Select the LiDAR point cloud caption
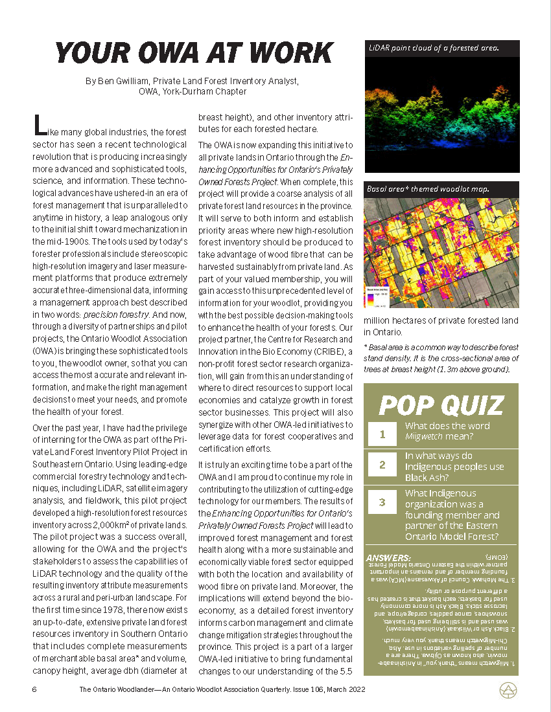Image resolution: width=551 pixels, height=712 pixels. (433, 49)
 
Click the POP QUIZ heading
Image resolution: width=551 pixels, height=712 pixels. (441, 405)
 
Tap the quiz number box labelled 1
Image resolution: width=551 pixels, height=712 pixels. (382, 433)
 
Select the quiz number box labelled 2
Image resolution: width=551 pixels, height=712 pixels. (382, 464)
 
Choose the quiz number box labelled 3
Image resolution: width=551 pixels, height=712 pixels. (382, 502)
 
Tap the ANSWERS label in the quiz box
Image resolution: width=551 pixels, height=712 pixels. (389, 557)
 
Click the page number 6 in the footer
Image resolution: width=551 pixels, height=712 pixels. (34, 690)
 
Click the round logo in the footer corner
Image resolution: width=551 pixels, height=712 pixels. (508, 691)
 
